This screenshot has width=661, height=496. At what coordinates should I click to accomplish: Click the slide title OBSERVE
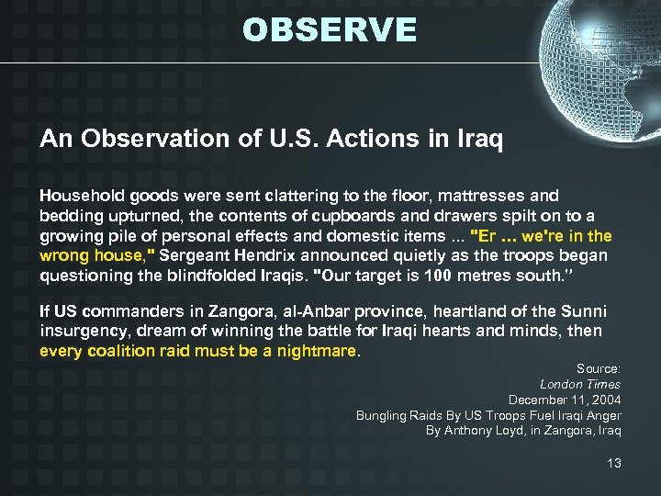click(x=330, y=30)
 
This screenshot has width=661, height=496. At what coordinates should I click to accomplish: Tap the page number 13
click(x=613, y=463)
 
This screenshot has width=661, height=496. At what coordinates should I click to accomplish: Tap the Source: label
click(x=598, y=368)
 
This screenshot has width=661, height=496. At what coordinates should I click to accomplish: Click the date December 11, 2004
click(x=565, y=400)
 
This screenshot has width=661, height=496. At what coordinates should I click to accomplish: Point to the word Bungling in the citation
click(x=383, y=415)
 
